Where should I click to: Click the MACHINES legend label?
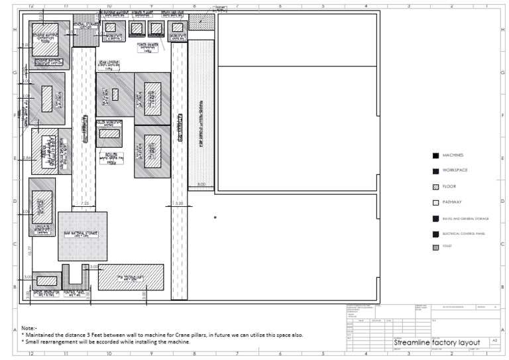click(x=452, y=155)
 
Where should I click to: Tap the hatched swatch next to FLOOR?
click(x=435, y=186)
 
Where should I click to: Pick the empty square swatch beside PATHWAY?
click(x=435, y=202)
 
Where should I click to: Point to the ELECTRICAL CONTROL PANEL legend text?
click(x=465, y=233)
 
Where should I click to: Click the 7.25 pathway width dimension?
click(x=85, y=203)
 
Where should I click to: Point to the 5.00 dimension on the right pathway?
click(x=179, y=204)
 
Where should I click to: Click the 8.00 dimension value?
click(x=201, y=184)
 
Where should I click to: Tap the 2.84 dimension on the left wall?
click(x=27, y=158)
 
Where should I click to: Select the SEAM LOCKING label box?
click(x=109, y=64)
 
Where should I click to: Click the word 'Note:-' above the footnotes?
click(x=29, y=328)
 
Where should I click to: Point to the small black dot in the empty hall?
click(x=215, y=217)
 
